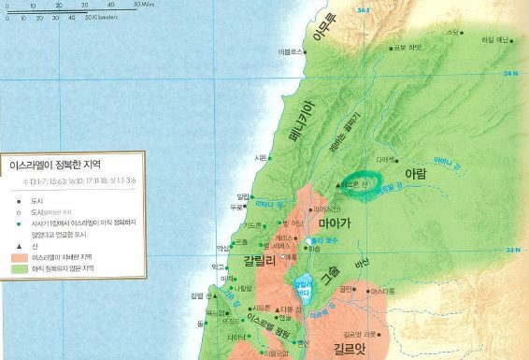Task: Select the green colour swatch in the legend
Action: point(19,268)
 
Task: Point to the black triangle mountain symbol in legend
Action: point(19,244)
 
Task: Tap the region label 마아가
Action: point(335,224)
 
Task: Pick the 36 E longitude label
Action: point(365,9)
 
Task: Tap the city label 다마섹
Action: point(386,160)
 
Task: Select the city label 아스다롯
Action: point(384,292)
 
